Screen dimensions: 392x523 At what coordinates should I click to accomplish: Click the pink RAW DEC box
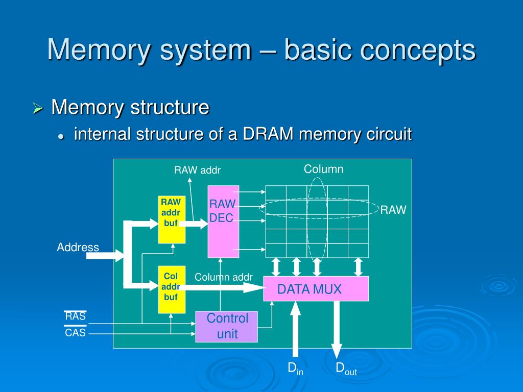[223, 222]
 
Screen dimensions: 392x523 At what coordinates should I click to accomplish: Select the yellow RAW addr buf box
[172, 219]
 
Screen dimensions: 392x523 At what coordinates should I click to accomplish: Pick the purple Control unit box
[227, 327]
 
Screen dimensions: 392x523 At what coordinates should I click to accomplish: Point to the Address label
[78, 248]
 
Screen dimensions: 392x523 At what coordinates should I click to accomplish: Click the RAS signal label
[75, 316]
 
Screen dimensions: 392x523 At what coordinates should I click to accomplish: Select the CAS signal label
[75, 333]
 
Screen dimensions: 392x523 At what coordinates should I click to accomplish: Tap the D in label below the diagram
[295, 368]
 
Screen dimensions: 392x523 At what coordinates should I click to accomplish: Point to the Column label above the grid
[324, 169]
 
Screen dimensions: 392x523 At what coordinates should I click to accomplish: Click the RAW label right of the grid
[393, 210]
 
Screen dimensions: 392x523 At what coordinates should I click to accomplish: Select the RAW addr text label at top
[197, 170]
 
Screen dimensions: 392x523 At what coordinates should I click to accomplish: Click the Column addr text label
[223, 277]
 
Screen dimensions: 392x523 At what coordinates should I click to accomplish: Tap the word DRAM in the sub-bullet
[268, 134]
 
